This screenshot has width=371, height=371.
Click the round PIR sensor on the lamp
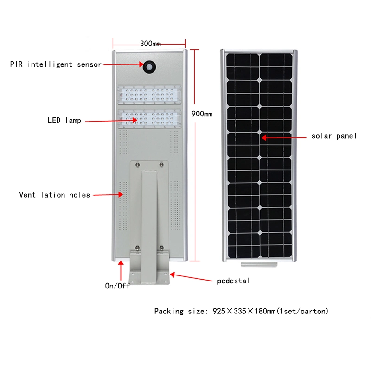point(149,67)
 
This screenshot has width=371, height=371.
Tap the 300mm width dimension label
point(150,44)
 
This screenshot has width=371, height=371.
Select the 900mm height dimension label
point(202,114)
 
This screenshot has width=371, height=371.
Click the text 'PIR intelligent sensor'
point(56,64)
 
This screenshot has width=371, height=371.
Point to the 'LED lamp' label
point(64,120)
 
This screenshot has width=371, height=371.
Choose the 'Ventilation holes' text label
point(54,195)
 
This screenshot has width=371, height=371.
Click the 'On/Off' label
point(117,286)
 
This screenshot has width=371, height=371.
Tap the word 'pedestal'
point(233,281)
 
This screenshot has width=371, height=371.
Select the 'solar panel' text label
point(334,136)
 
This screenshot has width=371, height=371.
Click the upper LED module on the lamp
point(149,95)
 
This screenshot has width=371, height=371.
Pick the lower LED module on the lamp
point(149,119)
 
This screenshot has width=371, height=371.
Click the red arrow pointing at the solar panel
point(284,137)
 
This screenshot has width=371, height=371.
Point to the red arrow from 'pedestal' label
point(191,277)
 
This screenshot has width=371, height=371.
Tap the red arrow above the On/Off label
point(121,270)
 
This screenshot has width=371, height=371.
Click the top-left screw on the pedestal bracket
point(137,165)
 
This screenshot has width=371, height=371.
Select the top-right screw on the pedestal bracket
point(161,165)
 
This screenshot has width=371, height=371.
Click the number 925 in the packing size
point(219,311)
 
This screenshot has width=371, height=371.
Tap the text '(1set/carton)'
point(302,311)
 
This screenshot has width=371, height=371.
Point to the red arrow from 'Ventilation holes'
point(108,195)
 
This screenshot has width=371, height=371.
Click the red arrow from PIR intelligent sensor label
point(123,64)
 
